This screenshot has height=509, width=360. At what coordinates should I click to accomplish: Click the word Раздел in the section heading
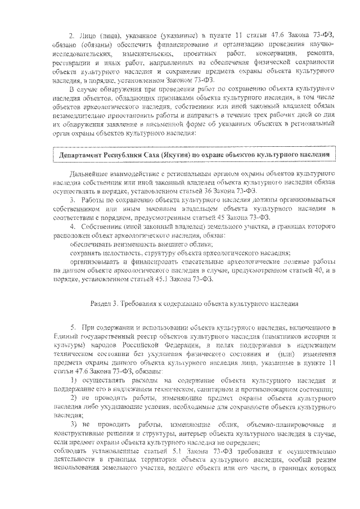(x=100, y=304)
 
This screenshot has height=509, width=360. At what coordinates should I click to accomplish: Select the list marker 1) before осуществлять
(x=73, y=382)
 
